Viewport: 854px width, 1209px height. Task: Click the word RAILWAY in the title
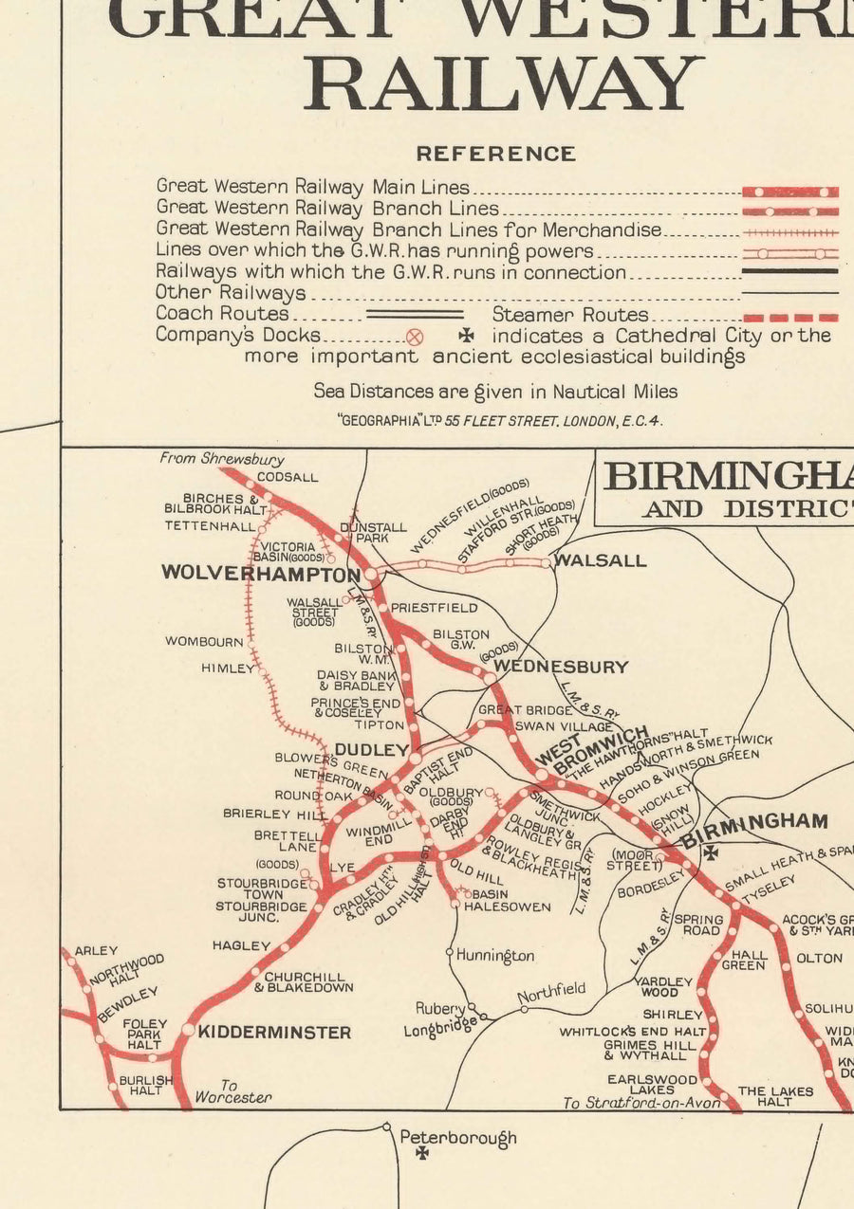point(504,83)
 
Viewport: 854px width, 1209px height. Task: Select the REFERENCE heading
point(495,154)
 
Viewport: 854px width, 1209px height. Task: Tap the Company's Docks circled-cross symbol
point(415,337)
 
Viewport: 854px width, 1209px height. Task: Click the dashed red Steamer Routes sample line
point(789,317)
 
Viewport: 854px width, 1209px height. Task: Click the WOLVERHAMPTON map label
point(260,574)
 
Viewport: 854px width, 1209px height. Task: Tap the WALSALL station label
point(600,560)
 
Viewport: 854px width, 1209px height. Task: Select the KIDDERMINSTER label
point(274,1032)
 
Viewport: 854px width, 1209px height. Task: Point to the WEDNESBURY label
point(561,667)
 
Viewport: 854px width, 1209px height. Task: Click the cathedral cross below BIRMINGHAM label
point(710,852)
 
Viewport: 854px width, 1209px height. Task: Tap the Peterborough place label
point(457,1137)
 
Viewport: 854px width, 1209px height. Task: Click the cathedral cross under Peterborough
point(422,1153)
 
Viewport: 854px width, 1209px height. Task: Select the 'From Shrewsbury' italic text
point(221,458)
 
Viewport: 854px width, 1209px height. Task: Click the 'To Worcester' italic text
point(232,1091)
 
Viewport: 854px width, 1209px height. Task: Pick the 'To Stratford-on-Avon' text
point(640,1103)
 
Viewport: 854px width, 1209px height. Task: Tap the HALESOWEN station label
point(512,907)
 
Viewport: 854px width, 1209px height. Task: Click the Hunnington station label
point(494,955)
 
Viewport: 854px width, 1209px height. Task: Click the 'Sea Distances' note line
point(495,391)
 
